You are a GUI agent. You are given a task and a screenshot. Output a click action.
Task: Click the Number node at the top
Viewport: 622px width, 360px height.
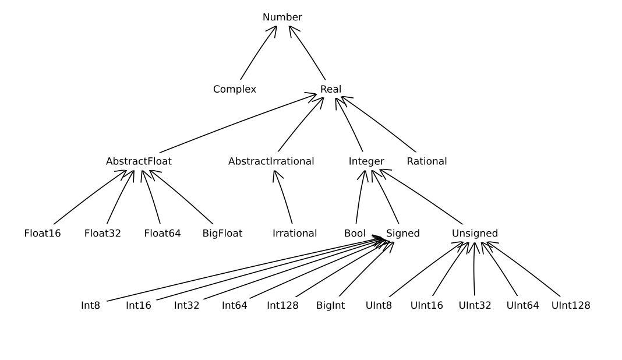(x=282, y=17)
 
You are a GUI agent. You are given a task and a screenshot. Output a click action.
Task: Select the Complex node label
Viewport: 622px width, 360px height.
(x=235, y=89)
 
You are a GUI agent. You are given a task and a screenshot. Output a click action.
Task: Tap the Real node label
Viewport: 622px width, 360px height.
(x=331, y=89)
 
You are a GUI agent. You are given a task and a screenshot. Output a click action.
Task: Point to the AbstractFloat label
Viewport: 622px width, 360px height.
(x=139, y=161)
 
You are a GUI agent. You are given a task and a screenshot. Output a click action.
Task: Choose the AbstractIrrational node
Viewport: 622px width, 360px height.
(x=271, y=161)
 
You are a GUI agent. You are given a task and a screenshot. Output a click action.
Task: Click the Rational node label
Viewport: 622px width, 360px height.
(x=427, y=161)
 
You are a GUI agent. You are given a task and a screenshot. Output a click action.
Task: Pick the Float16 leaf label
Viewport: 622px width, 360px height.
(x=43, y=234)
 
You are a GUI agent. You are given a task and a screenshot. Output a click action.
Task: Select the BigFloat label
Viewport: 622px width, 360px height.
(x=222, y=234)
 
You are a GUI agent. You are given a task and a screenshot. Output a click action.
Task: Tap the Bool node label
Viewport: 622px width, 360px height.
(x=355, y=234)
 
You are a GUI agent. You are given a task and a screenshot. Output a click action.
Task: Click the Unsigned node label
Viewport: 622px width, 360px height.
(x=475, y=234)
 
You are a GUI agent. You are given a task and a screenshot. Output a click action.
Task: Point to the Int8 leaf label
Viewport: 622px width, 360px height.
(x=90, y=305)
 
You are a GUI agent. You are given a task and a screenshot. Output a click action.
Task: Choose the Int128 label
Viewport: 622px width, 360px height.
(x=283, y=305)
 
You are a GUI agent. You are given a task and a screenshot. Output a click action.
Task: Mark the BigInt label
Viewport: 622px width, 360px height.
(x=331, y=305)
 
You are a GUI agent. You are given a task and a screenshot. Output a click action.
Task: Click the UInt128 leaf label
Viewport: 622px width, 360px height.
(x=571, y=305)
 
